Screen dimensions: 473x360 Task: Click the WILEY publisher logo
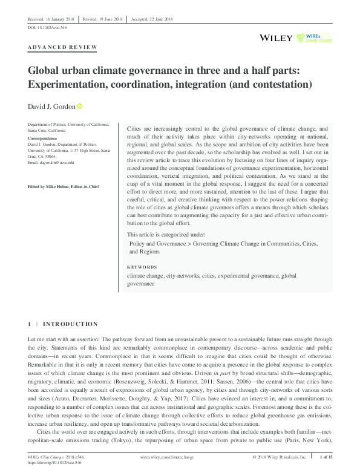(276, 38)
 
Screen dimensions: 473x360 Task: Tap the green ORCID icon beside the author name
(79, 106)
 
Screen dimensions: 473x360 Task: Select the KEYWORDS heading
(142, 267)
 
